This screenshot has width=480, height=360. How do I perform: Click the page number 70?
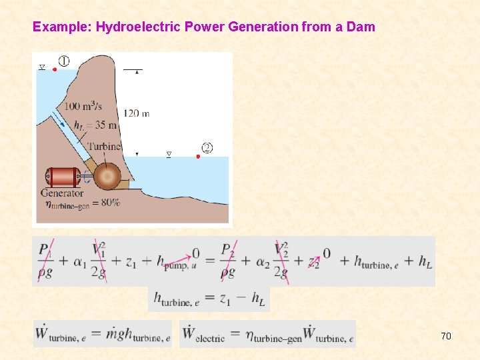pyautogui.click(x=446, y=336)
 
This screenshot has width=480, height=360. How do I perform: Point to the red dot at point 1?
pyautogui.click(x=55, y=69)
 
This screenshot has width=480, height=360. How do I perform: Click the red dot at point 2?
pyautogui.click(x=198, y=157)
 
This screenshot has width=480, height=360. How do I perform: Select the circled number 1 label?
pyautogui.click(x=64, y=61)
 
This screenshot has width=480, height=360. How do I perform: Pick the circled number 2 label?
pyautogui.click(x=207, y=148)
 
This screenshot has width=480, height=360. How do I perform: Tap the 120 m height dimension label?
pyautogui.click(x=136, y=113)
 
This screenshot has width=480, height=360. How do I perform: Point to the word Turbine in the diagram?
pyautogui.click(x=103, y=147)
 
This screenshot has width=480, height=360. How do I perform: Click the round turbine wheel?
pyautogui.click(x=107, y=177)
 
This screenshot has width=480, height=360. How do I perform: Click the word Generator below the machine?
pyautogui.click(x=62, y=193)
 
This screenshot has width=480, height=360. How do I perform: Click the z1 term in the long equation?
pyautogui.click(x=131, y=262)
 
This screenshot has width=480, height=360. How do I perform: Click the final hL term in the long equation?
pyautogui.click(x=425, y=262)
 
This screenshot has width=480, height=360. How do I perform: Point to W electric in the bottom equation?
pyautogui.click(x=204, y=334)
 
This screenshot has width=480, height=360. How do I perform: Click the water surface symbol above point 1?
pyautogui.click(x=42, y=67)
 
